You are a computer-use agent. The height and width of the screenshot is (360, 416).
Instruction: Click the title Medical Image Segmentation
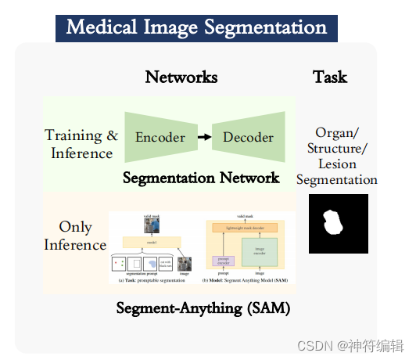[196, 27]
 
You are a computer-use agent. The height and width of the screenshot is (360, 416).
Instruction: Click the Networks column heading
[181, 77]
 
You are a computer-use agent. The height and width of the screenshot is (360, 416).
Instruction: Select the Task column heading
[330, 77]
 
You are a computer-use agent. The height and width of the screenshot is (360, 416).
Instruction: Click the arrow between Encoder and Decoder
[203, 138]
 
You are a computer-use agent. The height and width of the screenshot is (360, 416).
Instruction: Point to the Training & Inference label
[82, 144]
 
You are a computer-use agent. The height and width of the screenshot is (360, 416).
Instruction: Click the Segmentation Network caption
[201, 178]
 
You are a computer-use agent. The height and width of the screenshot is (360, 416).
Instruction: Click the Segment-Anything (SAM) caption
[203, 308]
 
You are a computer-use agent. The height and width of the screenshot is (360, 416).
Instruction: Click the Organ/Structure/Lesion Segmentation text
[337, 156]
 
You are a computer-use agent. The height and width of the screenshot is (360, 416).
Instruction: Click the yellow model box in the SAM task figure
[152, 243]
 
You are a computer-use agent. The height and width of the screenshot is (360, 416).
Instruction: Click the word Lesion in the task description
[337, 164]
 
